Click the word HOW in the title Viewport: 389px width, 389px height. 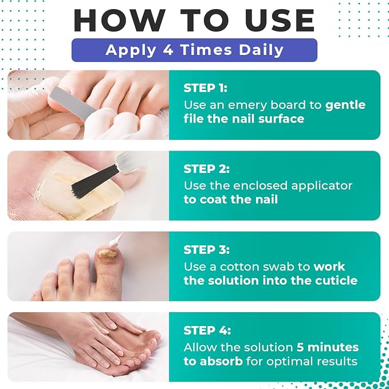click(119, 21)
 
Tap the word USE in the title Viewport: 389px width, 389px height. click(280, 21)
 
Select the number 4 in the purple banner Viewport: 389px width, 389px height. click(168, 50)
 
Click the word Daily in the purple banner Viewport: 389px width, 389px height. click(261, 50)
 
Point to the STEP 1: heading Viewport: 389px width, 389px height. click(206, 88)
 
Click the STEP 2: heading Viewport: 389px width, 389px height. click(206, 169)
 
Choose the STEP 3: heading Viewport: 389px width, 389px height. click(206, 250)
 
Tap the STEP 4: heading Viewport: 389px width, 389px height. click(207, 331)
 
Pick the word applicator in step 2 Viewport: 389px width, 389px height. click(321, 186)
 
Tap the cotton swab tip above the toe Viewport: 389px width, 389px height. click(114, 242)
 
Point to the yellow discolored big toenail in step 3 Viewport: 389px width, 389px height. click(107, 255)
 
